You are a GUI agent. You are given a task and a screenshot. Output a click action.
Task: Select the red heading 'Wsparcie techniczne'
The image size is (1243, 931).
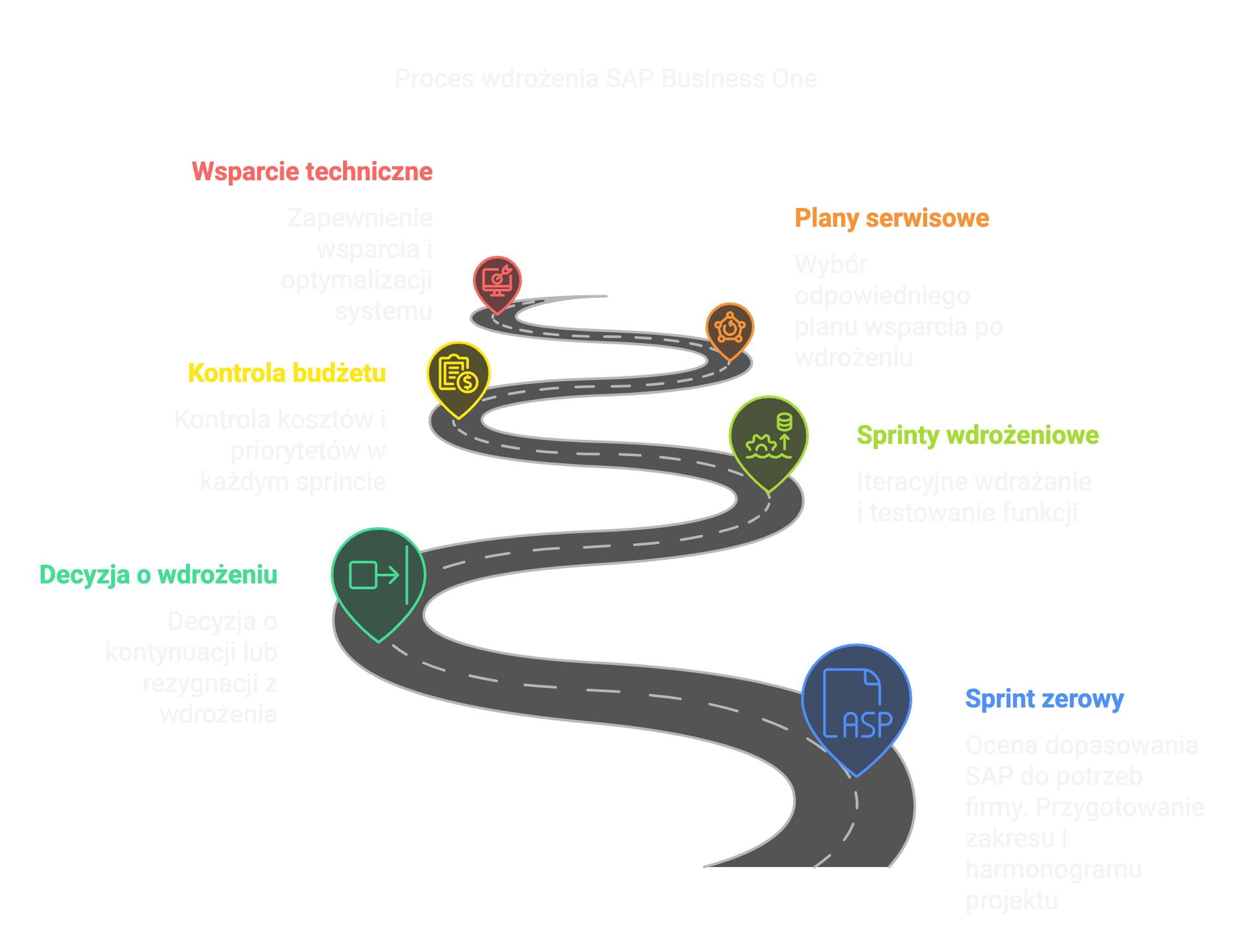coord(312,172)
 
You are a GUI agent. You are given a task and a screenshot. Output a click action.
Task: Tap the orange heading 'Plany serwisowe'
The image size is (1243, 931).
coord(892,218)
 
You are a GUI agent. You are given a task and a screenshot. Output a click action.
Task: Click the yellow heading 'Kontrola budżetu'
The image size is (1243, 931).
coord(287,373)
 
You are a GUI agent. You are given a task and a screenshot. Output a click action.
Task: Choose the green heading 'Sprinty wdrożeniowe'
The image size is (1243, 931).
coord(977,435)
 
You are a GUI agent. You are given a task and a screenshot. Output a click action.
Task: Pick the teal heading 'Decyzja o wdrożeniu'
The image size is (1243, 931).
coord(158,575)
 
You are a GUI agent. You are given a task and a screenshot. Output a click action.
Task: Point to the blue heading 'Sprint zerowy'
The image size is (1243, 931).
coord(1044,699)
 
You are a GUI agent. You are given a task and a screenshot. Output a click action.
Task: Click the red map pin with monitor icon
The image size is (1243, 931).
coord(497,282)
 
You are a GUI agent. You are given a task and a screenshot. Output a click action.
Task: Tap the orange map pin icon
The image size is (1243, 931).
coord(729,329)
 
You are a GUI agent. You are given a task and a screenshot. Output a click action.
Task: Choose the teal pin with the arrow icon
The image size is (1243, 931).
coord(378,577)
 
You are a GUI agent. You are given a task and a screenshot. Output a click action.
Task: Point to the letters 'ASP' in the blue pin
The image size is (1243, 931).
coord(867,725)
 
